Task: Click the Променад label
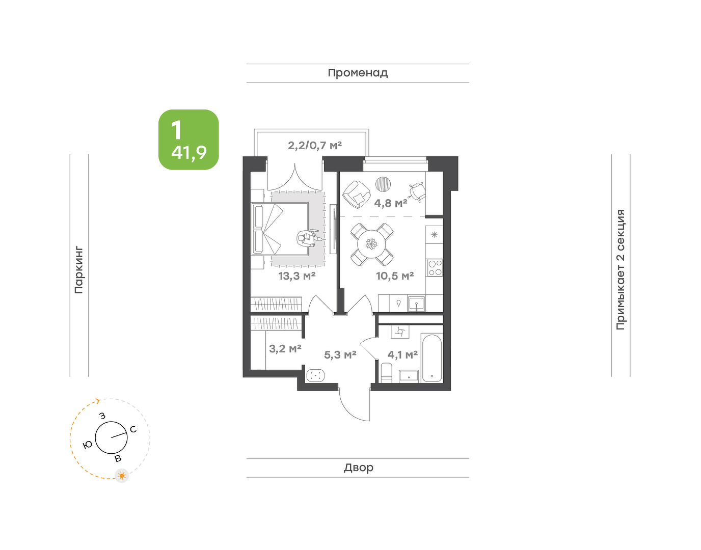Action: (x=358, y=73)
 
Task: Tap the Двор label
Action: (x=359, y=468)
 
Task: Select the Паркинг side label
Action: (x=79, y=270)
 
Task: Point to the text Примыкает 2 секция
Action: (x=621, y=269)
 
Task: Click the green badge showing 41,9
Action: (x=188, y=140)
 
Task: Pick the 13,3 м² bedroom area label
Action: (x=297, y=276)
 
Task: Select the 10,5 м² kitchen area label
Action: (x=395, y=276)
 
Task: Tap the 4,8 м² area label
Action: (x=391, y=203)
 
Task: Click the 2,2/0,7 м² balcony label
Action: (x=315, y=146)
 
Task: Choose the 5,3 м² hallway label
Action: (x=340, y=355)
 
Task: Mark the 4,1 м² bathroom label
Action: (x=402, y=355)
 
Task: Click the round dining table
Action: (x=371, y=244)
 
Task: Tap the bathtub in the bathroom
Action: (x=432, y=358)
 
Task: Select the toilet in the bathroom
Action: (x=387, y=373)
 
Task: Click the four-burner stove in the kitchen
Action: (x=434, y=267)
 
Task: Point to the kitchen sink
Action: (x=416, y=304)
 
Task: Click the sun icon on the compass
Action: (x=122, y=476)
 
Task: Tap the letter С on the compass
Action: (x=133, y=429)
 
